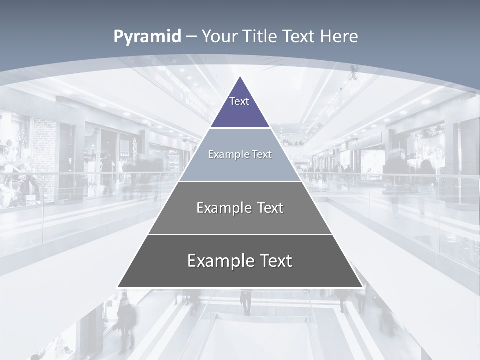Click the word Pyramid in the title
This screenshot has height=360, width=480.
point(147,37)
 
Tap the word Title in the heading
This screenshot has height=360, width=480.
point(260,37)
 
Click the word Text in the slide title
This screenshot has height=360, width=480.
point(299,37)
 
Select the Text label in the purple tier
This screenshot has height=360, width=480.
point(239,101)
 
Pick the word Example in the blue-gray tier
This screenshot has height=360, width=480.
point(225,154)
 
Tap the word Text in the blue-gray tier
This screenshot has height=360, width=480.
point(262,154)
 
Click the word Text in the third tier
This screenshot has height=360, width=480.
point(270,208)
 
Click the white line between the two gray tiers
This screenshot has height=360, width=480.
point(240,234)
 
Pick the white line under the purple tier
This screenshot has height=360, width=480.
point(240,128)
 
